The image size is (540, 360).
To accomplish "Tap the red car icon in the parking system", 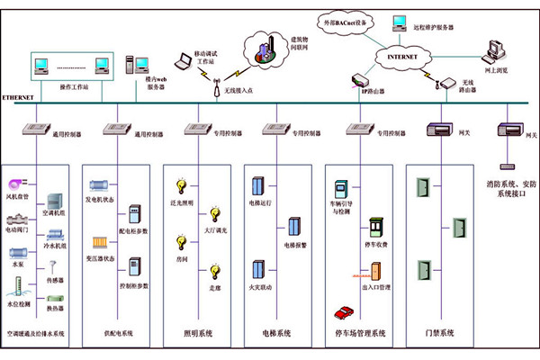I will tap(342, 312).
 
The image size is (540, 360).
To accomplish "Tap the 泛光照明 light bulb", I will tap(181, 186).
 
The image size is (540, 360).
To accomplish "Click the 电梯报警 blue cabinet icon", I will tap(293, 228).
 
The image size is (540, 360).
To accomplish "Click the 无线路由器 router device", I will tap(445, 84).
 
